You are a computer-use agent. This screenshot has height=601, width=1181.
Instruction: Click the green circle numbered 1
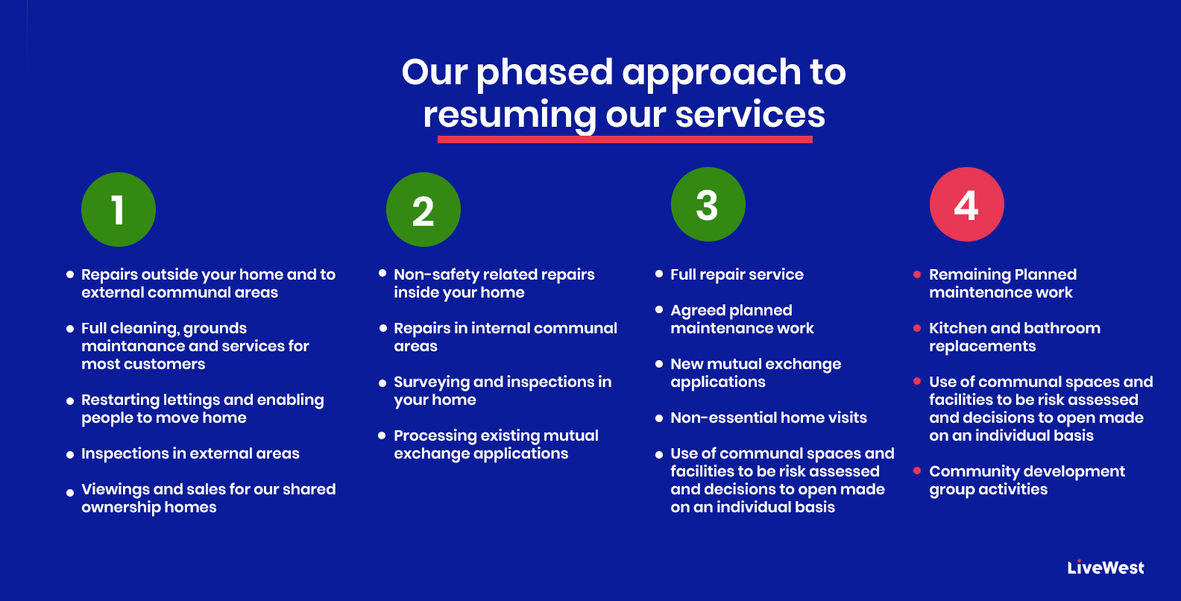[119, 210]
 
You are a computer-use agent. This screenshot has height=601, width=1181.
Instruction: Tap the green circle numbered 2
[423, 210]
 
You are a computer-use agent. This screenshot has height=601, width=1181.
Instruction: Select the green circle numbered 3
[708, 204]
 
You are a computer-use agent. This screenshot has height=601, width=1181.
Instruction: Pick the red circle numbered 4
[966, 204]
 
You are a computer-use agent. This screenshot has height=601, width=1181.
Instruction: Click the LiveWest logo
[1105, 567]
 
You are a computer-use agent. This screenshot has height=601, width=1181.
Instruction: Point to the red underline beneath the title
[625, 139]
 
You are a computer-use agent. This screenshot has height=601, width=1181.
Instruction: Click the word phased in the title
[544, 72]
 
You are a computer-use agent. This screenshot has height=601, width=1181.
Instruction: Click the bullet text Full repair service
[737, 274]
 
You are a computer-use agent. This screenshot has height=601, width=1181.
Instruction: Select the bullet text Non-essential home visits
[768, 418]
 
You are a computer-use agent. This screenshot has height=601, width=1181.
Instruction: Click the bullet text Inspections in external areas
[190, 453]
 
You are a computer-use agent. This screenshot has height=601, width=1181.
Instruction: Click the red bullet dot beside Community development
[917, 471]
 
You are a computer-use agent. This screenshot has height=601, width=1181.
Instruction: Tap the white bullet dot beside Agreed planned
[659, 309]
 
